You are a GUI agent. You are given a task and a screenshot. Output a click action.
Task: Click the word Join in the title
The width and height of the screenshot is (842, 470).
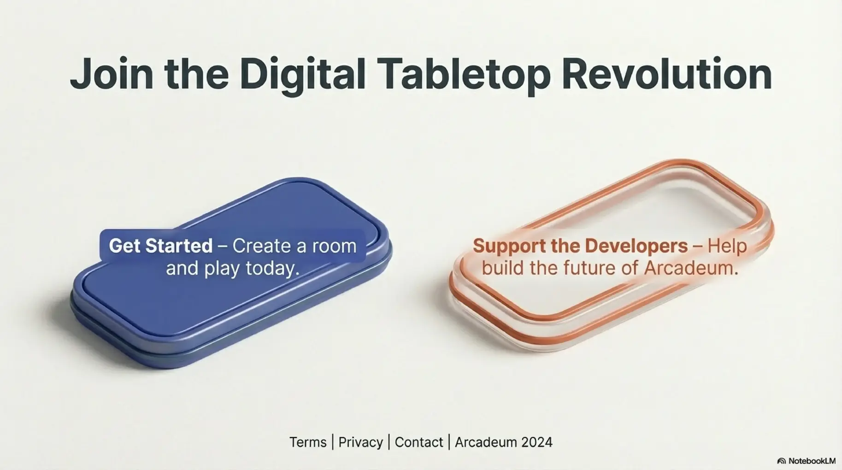[x=112, y=74]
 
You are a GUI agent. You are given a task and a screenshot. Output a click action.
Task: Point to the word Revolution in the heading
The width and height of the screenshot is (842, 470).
[x=666, y=74]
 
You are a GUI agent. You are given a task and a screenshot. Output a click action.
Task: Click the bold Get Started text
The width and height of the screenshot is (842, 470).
[x=161, y=246]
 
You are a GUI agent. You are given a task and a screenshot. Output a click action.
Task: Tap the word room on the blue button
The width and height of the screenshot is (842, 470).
[x=334, y=246]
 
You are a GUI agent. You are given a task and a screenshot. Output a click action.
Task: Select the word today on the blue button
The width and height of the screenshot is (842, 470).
[x=272, y=269]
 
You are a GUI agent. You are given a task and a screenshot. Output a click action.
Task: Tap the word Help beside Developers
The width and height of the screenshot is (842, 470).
[x=727, y=246]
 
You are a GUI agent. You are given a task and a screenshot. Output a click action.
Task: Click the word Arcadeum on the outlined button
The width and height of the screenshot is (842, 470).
[x=691, y=268]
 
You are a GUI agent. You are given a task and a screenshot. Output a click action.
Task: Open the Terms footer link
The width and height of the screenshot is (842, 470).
[x=308, y=442]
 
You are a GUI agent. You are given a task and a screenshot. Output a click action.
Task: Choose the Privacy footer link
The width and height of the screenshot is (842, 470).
[x=360, y=442]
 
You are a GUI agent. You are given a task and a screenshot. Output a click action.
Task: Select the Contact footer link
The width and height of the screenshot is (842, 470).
[x=419, y=442]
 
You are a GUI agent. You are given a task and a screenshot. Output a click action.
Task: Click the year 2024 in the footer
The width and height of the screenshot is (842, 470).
[x=537, y=442]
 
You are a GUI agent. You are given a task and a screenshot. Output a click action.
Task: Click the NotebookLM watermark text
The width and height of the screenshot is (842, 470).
[x=812, y=461]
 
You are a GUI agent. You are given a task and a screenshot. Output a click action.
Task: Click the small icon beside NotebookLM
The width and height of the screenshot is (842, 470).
[x=782, y=461]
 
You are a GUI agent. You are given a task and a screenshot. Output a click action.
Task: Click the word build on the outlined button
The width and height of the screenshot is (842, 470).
[x=503, y=268]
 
